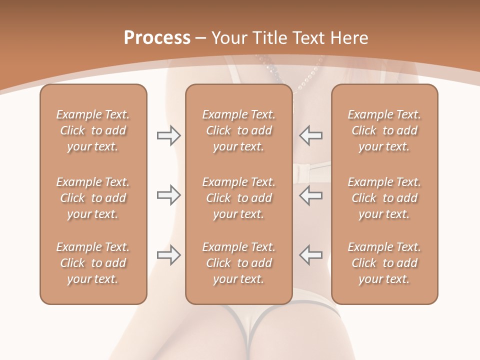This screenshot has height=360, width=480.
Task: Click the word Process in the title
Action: tap(157, 37)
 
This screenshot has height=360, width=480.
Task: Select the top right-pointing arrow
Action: tap(168, 135)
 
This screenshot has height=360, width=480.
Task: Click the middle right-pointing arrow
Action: tap(168, 195)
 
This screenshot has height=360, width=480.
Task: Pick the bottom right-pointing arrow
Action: tap(168, 255)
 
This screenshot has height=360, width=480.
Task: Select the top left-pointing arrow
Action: tap(310, 135)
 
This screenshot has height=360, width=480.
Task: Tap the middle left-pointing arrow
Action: tap(310, 195)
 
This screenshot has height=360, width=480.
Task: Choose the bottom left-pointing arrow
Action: tap(310, 255)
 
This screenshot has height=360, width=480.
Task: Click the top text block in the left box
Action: tap(93, 130)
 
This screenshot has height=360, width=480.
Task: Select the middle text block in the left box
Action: tap(93, 198)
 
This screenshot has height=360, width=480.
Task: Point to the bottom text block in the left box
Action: tap(93, 263)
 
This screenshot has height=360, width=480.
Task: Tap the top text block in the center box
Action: tap(238, 130)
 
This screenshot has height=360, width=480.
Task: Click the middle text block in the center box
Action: tap(238, 198)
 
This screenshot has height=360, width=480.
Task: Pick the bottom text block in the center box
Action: tap(238, 263)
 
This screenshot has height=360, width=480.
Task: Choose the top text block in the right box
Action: tap(384, 130)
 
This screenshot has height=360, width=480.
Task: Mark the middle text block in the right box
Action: tap(384, 198)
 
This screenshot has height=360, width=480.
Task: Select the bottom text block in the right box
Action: tap(384, 263)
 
